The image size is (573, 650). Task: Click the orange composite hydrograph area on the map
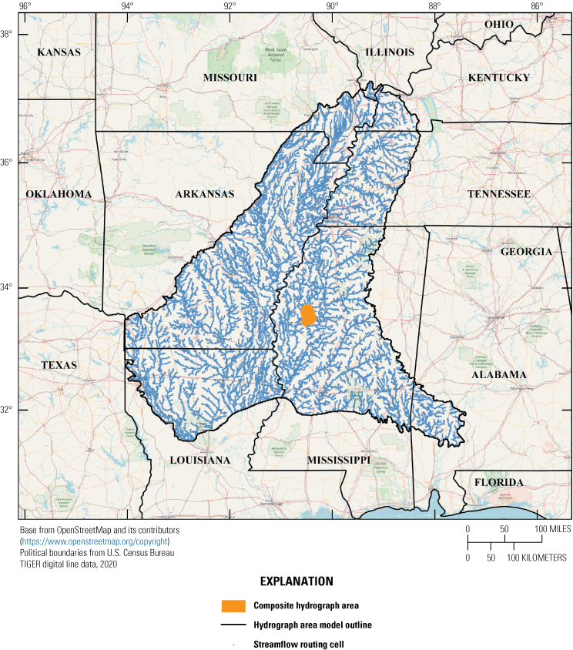tap(308, 316)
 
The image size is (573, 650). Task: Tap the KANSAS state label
tap(59, 52)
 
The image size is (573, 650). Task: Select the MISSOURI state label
tap(230, 78)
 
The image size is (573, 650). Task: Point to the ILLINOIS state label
tap(389, 52)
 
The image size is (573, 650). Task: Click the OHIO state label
tap(498, 25)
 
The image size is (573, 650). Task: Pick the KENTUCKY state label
tap(499, 78)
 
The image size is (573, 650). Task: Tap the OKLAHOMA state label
tap(59, 194)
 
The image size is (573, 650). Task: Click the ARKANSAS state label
tap(204, 194)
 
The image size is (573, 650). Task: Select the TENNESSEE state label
tap(499, 194)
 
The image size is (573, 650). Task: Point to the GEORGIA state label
tap(526, 252)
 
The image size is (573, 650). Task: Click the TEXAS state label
tap(59, 365)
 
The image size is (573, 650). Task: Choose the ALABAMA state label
tap(500, 374)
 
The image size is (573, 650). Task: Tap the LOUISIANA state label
tap(200, 461)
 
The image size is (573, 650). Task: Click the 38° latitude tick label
tap(7, 35)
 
